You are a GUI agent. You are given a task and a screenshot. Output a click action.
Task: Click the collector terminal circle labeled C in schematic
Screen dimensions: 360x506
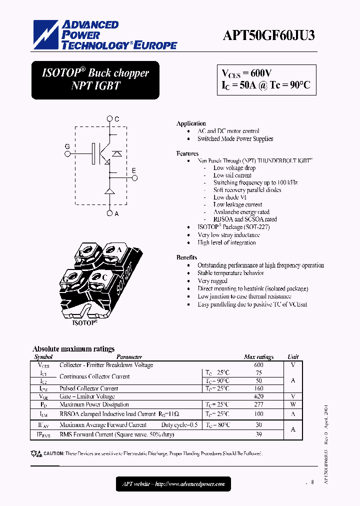pyautogui.click(x=110, y=119)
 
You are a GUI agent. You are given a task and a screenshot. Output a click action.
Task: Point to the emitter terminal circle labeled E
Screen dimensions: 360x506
pyautogui.click(x=133, y=177)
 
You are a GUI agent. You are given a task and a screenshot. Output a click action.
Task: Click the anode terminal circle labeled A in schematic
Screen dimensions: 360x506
pyautogui.click(x=110, y=213)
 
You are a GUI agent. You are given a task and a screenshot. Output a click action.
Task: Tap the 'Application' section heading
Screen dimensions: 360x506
pyautogui.click(x=191, y=123)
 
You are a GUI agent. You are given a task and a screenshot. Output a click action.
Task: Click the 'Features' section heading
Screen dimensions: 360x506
pyautogui.click(x=187, y=153)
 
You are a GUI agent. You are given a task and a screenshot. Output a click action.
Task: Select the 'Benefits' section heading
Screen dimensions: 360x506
pyautogui.click(x=186, y=257)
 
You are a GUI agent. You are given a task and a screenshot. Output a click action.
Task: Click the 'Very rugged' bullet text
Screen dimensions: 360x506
pyautogui.click(x=213, y=281)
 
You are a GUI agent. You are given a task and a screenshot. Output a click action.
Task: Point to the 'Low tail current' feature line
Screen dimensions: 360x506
pyautogui.click(x=232, y=175)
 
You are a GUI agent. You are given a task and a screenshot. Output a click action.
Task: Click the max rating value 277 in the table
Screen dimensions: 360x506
pyautogui.click(x=258, y=404)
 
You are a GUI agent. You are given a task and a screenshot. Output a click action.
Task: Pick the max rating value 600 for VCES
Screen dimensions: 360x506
pyautogui.click(x=258, y=365)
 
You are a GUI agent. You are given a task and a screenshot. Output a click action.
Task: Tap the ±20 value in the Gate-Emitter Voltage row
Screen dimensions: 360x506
pyautogui.click(x=258, y=396)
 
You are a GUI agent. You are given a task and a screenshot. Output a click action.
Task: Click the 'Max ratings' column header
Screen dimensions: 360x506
pyautogui.click(x=258, y=357)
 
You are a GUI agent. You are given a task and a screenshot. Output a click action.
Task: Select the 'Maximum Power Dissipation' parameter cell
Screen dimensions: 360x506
pyautogui.click(x=94, y=404)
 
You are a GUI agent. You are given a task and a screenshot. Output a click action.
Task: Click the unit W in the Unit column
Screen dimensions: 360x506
pyautogui.click(x=293, y=404)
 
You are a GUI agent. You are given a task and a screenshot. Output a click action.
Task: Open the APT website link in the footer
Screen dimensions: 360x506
pyautogui.click(x=173, y=484)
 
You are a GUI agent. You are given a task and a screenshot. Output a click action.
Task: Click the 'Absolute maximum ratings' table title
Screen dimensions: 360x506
pyautogui.click(x=73, y=349)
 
